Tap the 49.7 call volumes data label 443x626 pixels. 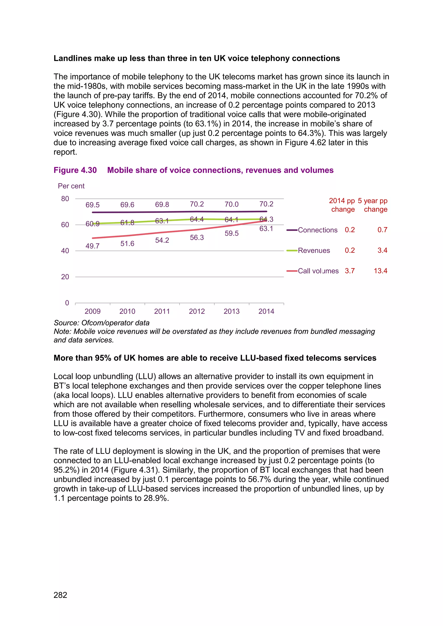[x=93, y=246]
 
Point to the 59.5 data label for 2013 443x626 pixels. [x=232, y=233]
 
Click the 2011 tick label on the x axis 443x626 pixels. [x=162, y=311]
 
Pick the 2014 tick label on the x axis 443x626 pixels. [x=266, y=311]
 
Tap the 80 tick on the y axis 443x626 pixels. [x=65, y=199]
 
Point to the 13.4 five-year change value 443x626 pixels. [x=380, y=271]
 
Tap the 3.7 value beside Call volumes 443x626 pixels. [x=350, y=271]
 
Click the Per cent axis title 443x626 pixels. [x=71, y=186]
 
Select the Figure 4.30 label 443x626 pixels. [x=75, y=170]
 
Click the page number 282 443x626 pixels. [x=60, y=595]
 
